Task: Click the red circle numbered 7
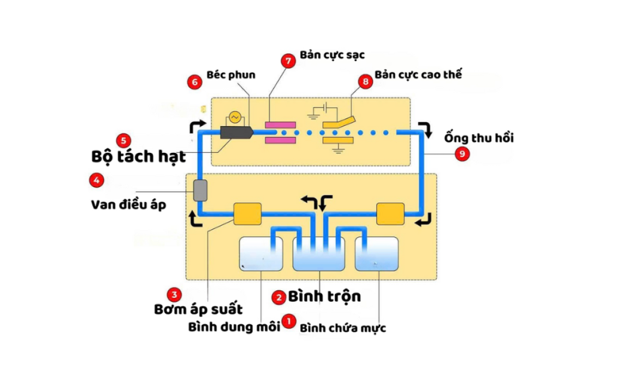[288, 60]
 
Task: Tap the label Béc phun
[231, 75]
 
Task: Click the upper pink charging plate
[280, 125]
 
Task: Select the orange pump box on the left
[247, 214]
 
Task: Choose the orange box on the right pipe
[390, 214]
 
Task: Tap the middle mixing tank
[319, 254]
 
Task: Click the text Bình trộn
[324, 296]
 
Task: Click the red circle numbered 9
[462, 154]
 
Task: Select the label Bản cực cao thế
[418, 74]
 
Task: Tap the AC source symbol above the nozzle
[234, 117]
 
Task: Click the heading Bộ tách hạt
[138, 157]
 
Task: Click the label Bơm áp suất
[198, 309]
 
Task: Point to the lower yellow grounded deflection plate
[337, 141]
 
